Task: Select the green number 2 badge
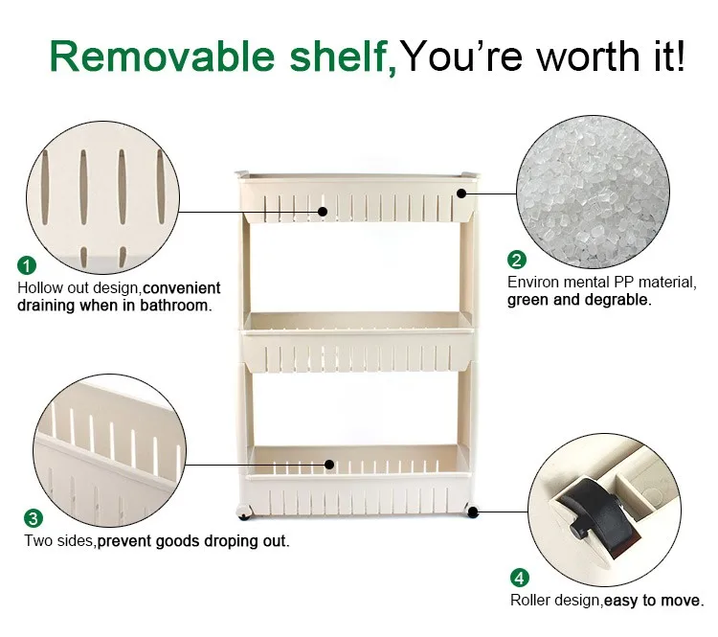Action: click(517, 260)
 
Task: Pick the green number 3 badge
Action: click(34, 518)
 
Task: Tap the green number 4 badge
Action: click(519, 578)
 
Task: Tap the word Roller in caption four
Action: click(529, 602)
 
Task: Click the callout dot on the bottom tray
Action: click(329, 464)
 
